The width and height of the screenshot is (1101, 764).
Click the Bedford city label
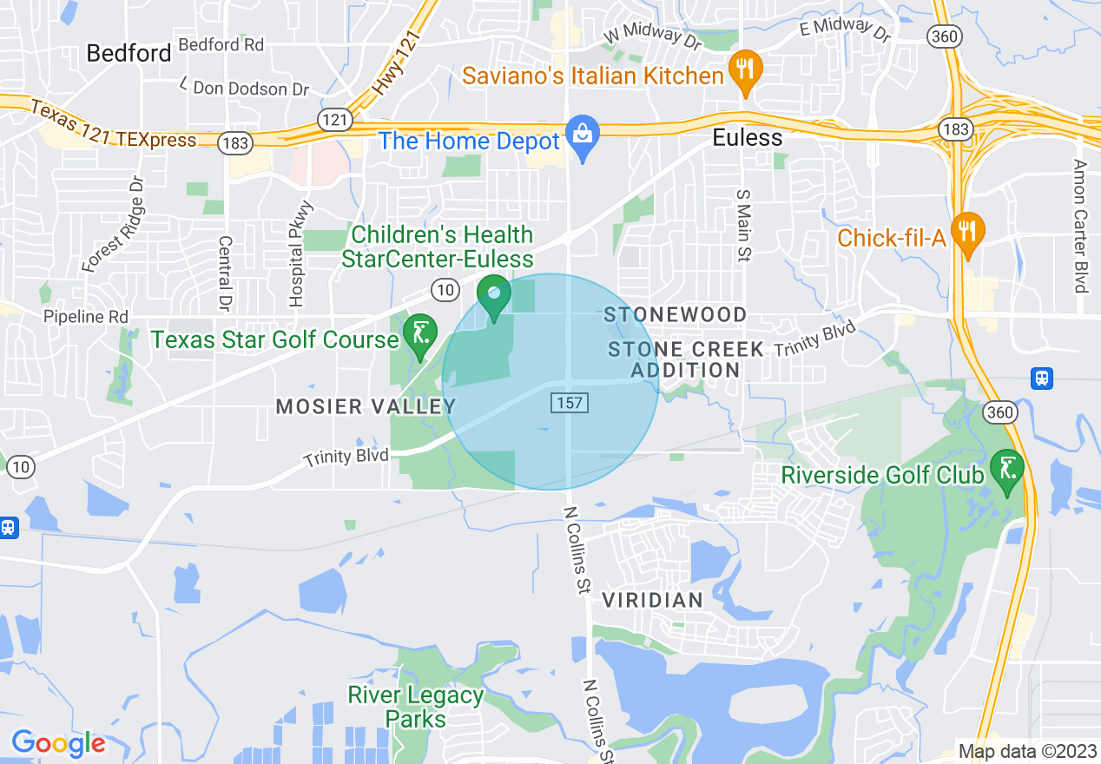pyautogui.click(x=129, y=53)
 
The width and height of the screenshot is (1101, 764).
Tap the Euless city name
pyautogui.click(x=747, y=138)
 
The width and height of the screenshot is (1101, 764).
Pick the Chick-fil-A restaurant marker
pyautogui.click(x=967, y=231)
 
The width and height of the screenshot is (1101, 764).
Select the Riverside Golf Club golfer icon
pyautogui.click(x=1007, y=471)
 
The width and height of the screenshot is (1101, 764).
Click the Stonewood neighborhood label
pyautogui.click(x=676, y=314)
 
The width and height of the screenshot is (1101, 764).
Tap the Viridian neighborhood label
pyautogui.click(x=652, y=600)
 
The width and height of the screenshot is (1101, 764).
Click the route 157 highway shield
pyautogui.click(x=569, y=403)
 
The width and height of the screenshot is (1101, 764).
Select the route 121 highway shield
pyautogui.click(x=333, y=120)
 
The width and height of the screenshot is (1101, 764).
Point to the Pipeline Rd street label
pyautogui.click(x=86, y=317)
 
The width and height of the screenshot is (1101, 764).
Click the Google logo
pyautogui.click(x=58, y=744)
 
